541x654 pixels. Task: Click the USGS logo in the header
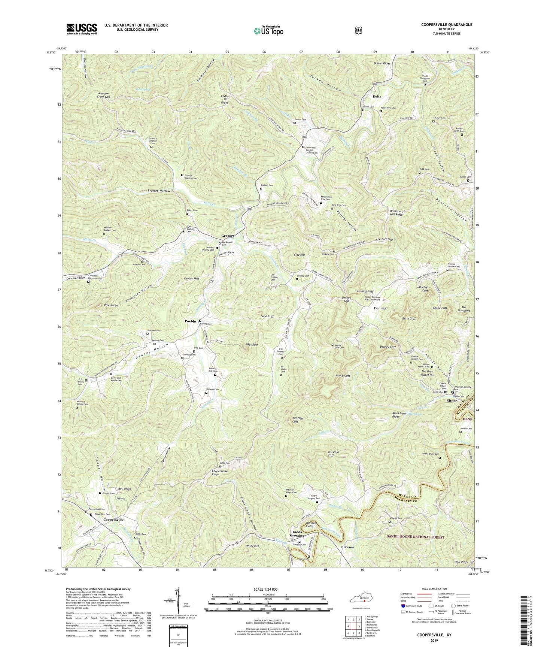(82, 29)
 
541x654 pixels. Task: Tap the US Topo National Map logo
(267, 30)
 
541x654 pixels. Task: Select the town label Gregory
(228, 236)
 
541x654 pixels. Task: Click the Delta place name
(377, 96)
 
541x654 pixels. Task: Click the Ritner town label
(452, 400)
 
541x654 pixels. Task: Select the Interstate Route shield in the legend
(403, 605)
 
